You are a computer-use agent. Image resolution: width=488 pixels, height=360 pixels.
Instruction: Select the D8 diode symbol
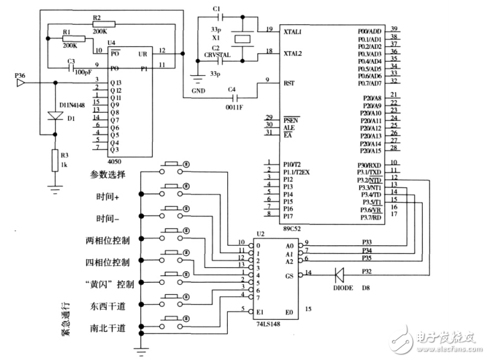coord(339,273)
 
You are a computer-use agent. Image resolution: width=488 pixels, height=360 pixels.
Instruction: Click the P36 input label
coord(22,77)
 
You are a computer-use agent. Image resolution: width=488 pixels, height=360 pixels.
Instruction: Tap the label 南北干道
coord(107,328)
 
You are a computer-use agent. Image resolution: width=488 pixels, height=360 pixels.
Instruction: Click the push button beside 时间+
coord(173,186)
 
